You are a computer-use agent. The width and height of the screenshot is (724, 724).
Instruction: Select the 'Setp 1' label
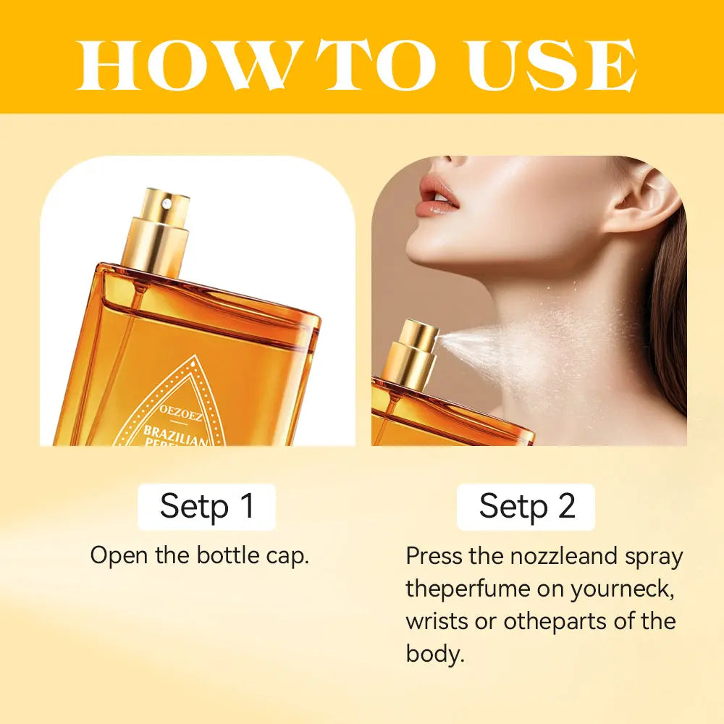[x=207, y=507]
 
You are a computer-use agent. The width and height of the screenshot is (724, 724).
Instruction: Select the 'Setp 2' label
[x=526, y=507]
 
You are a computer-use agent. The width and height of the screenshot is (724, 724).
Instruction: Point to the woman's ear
[x=641, y=198]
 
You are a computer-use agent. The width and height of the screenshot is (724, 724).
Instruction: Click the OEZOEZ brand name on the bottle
[x=182, y=413]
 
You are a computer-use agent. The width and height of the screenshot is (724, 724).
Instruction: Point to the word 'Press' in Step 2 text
[x=434, y=555]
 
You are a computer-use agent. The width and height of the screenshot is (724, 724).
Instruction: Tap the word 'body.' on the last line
[x=435, y=653]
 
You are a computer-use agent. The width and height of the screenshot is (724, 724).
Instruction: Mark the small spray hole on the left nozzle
[x=167, y=202]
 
